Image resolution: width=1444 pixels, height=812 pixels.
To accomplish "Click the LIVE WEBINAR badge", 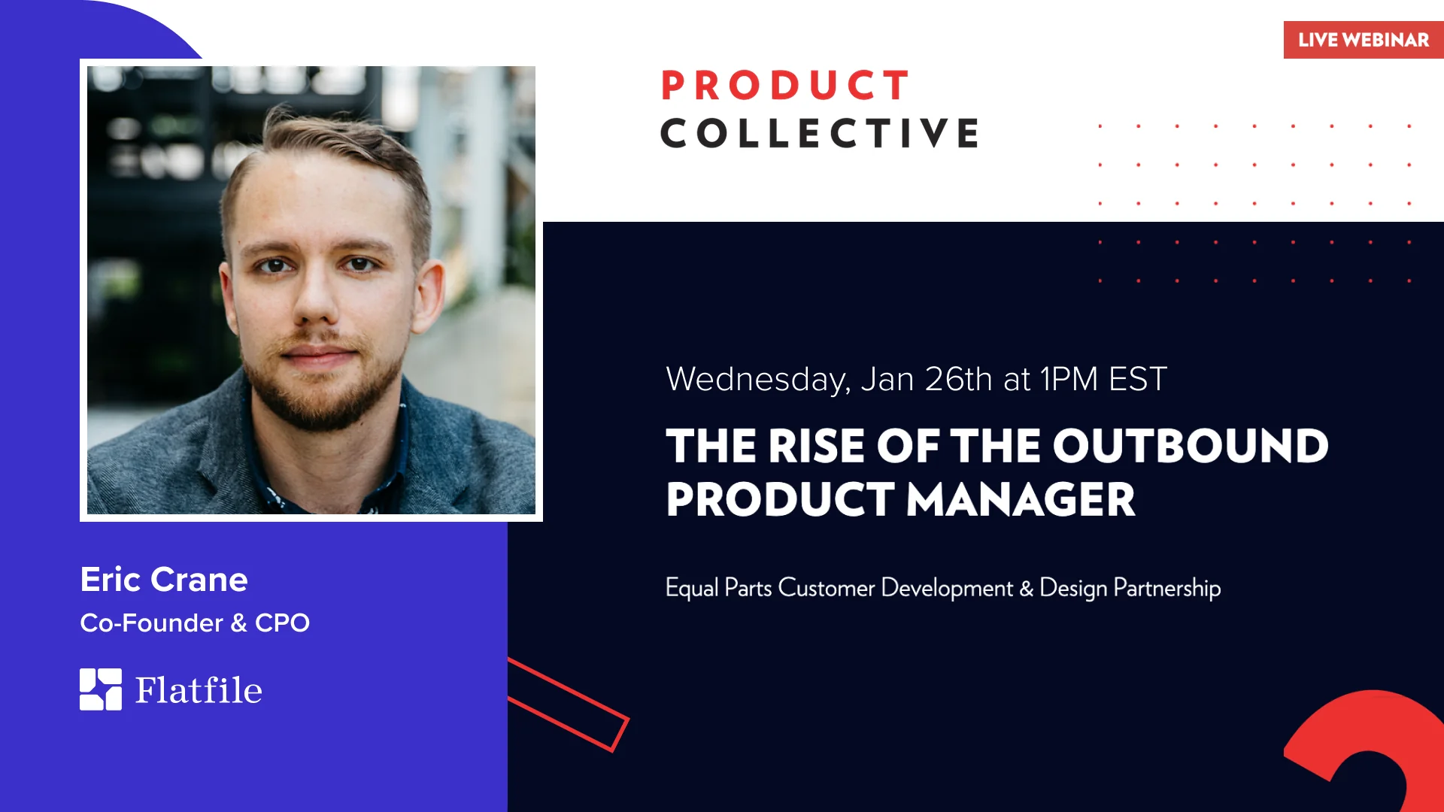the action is coord(1364,40).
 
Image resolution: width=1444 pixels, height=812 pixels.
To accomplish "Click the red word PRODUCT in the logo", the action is coord(785,85).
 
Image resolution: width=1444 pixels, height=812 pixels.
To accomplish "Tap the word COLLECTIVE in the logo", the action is coord(820,133).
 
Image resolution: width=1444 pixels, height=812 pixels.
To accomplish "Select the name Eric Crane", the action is coord(164,580).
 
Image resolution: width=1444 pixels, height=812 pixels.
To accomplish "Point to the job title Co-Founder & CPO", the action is coord(195,623).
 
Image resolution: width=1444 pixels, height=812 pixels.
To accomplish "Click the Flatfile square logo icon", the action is coord(101,689).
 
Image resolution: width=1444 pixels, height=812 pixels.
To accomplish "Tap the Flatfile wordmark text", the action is coord(199,690).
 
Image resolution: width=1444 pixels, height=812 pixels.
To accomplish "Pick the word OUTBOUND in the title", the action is coord(1191,446).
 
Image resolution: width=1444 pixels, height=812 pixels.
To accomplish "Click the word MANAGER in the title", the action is coord(1021,500).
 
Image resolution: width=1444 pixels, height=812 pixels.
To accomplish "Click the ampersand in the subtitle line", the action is coord(1026,588).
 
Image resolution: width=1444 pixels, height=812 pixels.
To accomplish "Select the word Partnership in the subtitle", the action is coord(1167,588).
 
